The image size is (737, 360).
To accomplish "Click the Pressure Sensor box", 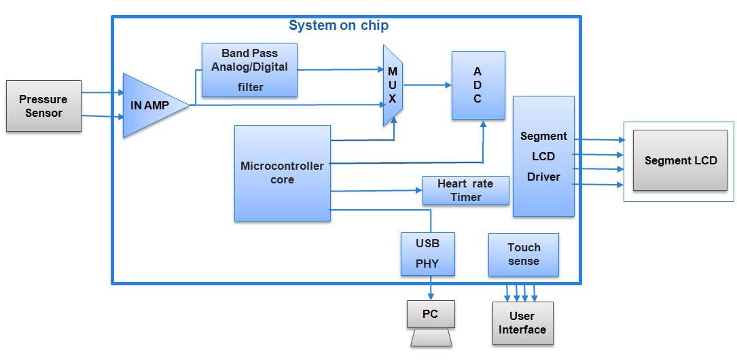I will pyautogui.click(x=43, y=106).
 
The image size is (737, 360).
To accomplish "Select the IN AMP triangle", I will pyautogui.click(x=151, y=105).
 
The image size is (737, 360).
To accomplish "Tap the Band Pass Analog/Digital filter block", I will pyautogui.click(x=249, y=70).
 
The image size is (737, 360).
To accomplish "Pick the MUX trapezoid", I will pyautogui.click(x=393, y=86).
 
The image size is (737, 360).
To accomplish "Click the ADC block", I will pyautogui.click(x=478, y=86).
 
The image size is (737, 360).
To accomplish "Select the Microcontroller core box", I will pyautogui.click(x=282, y=173).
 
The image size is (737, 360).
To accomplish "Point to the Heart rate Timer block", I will pyautogui.click(x=465, y=191).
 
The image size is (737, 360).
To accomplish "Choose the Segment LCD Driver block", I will pyautogui.click(x=543, y=156).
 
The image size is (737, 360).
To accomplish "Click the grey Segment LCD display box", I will pyautogui.click(x=680, y=160).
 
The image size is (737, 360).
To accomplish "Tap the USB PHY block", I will pyautogui.click(x=427, y=253).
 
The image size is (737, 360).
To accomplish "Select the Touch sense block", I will pyautogui.click(x=523, y=254).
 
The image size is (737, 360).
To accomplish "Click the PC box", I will pyautogui.click(x=430, y=314).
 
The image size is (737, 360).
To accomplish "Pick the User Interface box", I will pyautogui.click(x=522, y=323).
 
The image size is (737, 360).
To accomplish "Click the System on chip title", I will pyautogui.click(x=338, y=26).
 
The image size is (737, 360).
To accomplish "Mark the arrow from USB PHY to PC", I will pyautogui.click(x=431, y=287).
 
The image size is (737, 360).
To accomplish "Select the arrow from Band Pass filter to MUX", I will pyautogui.click(x=340, y=69).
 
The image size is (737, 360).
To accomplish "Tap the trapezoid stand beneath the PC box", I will pyautogui.click(x=431, y=338).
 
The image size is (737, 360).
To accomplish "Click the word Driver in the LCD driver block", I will pyautogui.click(x=543, y=177).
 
